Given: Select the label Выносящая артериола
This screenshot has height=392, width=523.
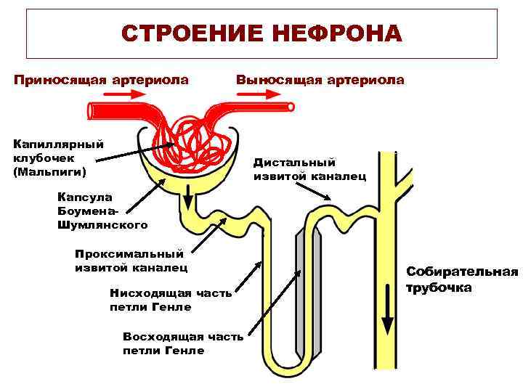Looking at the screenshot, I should [x=320, y=79].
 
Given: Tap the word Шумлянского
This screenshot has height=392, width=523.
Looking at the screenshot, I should [x=102, y=224].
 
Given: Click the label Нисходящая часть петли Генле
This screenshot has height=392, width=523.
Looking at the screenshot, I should [x=171, y=300].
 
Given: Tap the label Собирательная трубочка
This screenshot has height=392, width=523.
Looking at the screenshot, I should [x=462, y=279].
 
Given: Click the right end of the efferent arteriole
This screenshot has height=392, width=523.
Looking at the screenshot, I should [x=291, y=107].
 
